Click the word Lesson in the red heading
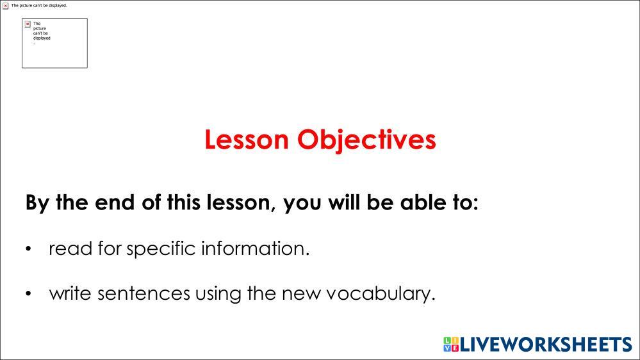[247, 140]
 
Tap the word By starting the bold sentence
[38, 203]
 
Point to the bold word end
[115, 202]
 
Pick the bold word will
[345, 202]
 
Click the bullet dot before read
[28, 249]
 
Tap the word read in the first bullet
[70, 248]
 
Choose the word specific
[161, 249]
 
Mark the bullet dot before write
[28, 293]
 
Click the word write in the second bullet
[70, 293]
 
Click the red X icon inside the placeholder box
[28, 24]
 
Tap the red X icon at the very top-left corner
[5, 6]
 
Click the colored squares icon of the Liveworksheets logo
[451, 344]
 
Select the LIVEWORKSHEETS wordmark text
[546, 345]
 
